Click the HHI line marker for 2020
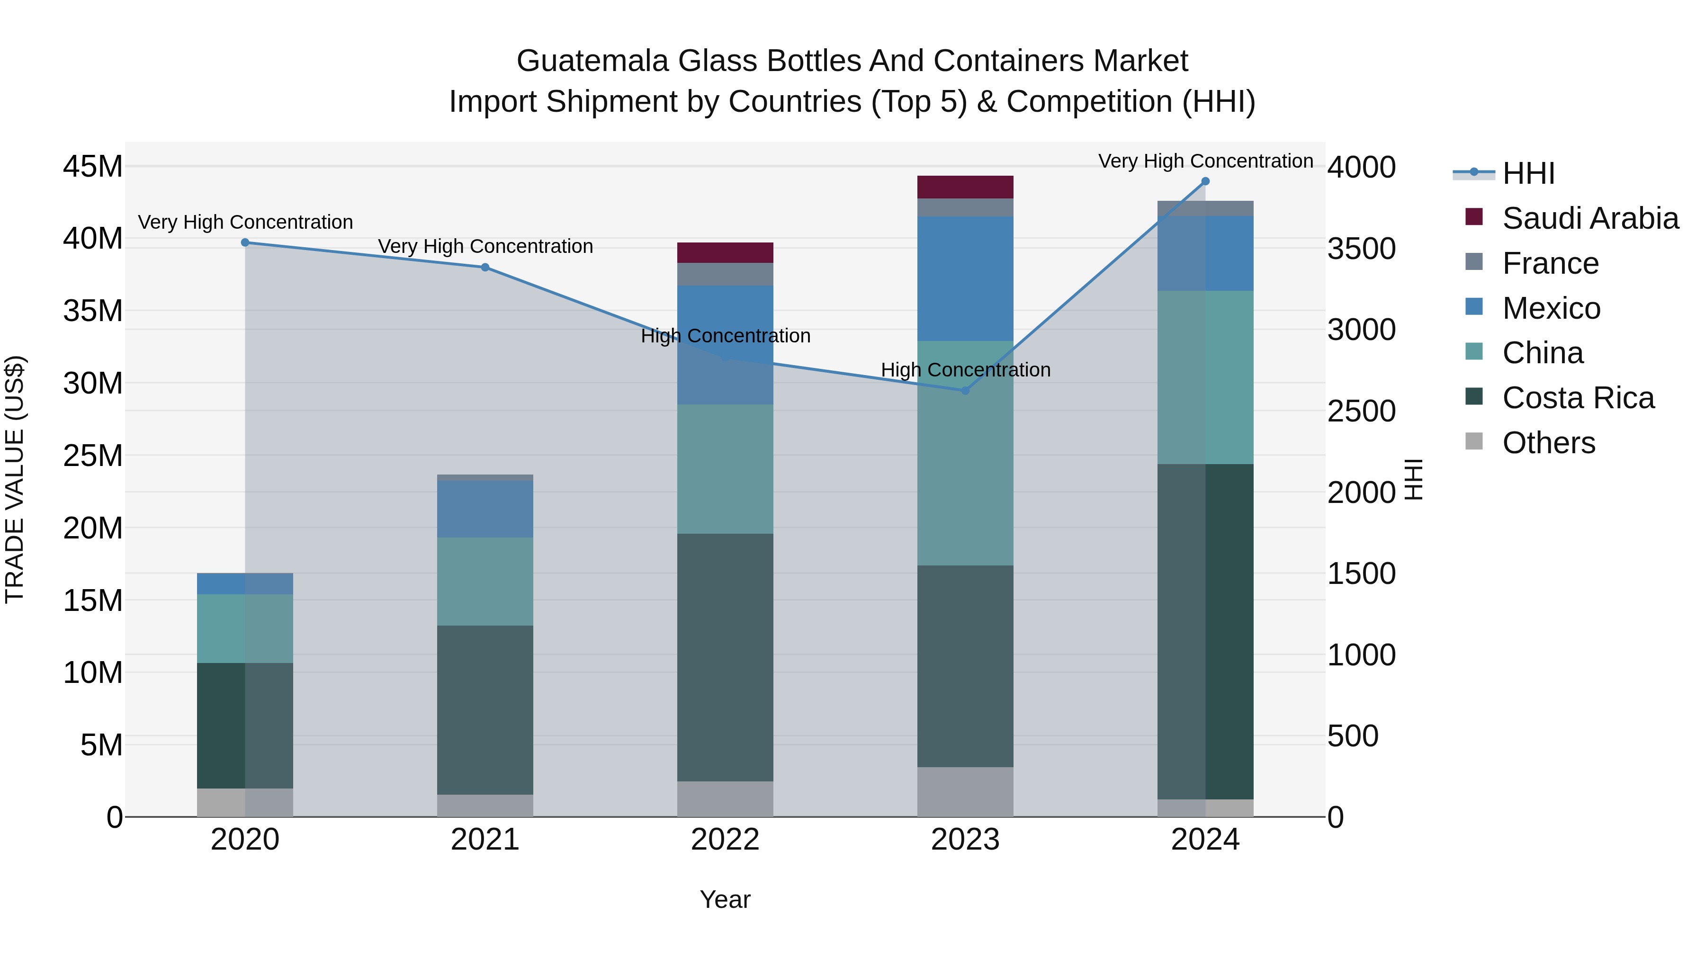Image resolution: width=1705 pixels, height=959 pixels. coord(245,243)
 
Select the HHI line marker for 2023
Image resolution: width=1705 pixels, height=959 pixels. coord(965,391)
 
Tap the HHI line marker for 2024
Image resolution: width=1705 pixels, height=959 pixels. coord(1205,181)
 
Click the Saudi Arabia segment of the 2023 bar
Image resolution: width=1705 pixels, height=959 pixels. coord(965,187)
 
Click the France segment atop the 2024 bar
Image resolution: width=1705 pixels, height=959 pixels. coord(1205,208)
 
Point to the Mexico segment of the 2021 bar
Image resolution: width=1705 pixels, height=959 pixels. coord(485,509)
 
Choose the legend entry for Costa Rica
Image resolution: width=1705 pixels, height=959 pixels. coord(1578,398)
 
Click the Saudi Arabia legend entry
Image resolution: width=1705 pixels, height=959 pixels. coord(1590,218)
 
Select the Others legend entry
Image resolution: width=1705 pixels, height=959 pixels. coord(1548,443)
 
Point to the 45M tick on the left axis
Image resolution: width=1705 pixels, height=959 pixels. coord(93,166)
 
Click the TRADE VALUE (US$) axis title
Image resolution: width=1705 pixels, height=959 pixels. coord(15,479)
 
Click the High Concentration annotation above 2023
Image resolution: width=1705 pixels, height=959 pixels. coord(965,370)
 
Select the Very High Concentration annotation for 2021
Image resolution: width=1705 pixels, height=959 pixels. coord(485,246)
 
